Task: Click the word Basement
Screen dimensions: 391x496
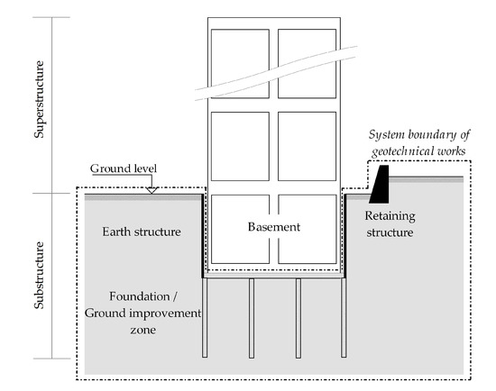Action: tap(275, 226)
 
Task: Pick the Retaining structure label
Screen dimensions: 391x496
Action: tap(390, 224)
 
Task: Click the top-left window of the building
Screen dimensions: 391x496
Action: tap(240, 62)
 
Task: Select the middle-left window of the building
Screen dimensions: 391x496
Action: tap(240, 145)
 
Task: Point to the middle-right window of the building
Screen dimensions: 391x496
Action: tap(307, 145)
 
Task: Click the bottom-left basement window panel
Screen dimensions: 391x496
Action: tap(240, 229)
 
